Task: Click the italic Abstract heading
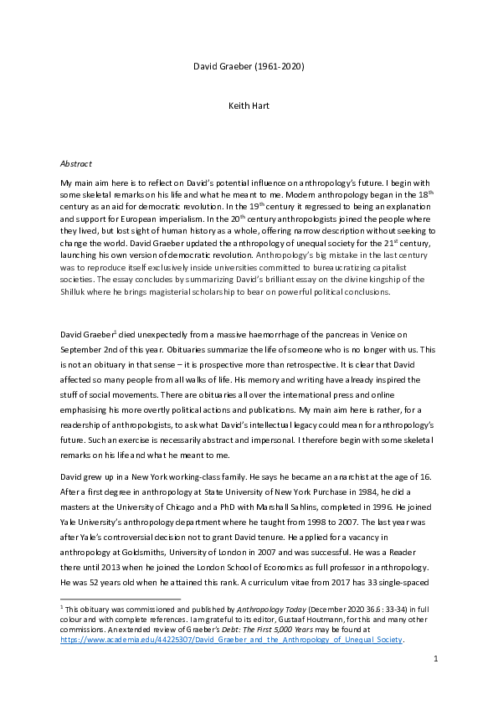(75, 163)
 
